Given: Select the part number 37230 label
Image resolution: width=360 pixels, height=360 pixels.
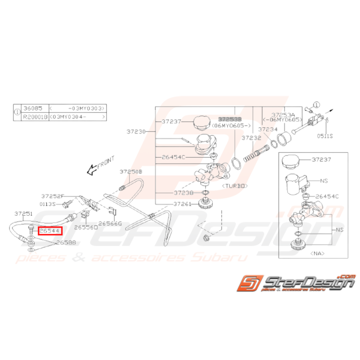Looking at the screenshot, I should [x=136, y=132].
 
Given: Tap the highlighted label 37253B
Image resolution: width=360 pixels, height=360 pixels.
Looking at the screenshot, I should [x=230, y=119].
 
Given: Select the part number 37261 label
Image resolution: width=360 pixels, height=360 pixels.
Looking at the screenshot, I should [x=183, y=204].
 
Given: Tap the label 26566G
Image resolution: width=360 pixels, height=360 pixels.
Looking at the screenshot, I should [x=110, y=223].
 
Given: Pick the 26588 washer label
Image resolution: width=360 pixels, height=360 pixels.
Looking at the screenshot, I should [x=66, y=243].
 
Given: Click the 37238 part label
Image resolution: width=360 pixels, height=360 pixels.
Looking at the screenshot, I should [x=183, y=192].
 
